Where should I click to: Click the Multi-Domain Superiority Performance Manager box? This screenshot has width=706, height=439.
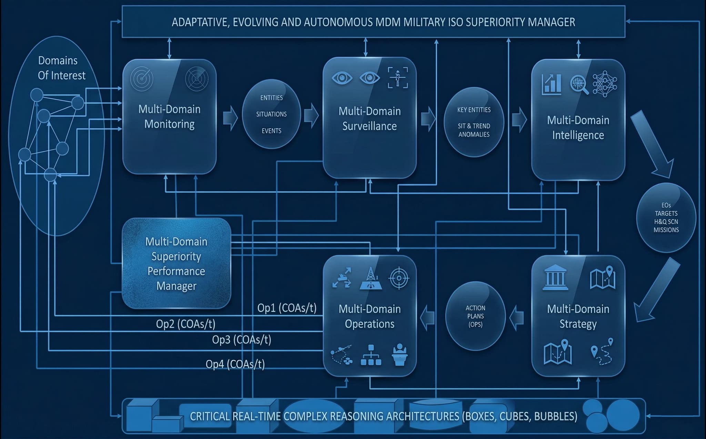pyautogui.click(x=176, y=263)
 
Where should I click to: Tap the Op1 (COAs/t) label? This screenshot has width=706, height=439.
pyautogui.click(x=286, y=308)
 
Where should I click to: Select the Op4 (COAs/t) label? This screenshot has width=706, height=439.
pyautogui.click(x=235, y=364)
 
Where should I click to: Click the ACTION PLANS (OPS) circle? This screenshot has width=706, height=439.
pyautogui.click(x=475, y=316)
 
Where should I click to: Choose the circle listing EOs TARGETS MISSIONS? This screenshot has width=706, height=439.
pyautogui.click(x=666, y=217)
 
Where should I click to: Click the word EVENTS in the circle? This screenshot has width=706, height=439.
pyautogui.click(x=271, y=131)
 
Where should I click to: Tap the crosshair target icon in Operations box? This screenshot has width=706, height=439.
pyautogui.click(x=399, y=278)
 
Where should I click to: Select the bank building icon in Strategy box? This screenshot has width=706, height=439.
pyautogui.click(x=555, y=277)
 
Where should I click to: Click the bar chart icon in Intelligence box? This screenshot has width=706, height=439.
pyautogui.click(x=552, y=84)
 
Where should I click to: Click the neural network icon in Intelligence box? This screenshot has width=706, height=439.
pyautogui.click(x=605, y=84)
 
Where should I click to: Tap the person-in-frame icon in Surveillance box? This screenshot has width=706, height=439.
pyautogui.click(x=397, y=78)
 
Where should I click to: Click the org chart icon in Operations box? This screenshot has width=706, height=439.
pyautogui.click(x=371, y=355)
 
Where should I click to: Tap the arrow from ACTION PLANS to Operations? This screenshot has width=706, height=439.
pyautogui.click(x=427, y=316)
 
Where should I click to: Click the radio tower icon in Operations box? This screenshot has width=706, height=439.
pyautogui.click(x=371, y=278)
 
